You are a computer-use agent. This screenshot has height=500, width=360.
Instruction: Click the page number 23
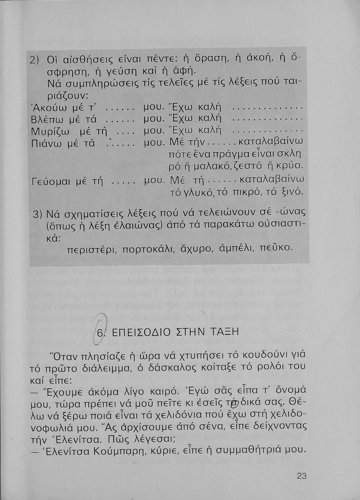tap(301, 476)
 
